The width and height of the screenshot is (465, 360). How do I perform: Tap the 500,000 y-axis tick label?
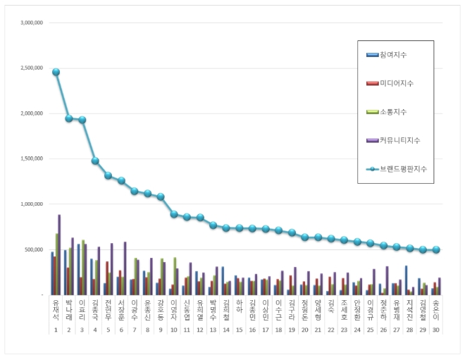click(x=32, y=249)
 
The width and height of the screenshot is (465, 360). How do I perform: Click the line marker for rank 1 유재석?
click(x=56, y=72)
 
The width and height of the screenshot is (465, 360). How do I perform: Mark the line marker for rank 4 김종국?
click(x=95, y=161)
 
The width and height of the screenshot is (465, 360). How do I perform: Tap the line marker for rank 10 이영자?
click(x=173, y=214)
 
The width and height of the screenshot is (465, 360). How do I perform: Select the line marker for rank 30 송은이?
click(x=435, y=250)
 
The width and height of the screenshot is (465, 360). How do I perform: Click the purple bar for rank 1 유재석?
click(x=59, y=254)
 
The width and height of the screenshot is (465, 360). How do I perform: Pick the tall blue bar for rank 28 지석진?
click(x=407, y=280)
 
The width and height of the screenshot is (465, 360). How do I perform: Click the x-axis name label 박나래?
click(x=68, y=311)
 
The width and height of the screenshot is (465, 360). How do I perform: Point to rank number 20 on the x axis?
click(x=304, y=330)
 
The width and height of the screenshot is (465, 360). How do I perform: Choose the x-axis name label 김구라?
click(x=291, y=311)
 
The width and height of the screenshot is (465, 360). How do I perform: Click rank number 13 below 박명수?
click(x=213, y=330)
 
